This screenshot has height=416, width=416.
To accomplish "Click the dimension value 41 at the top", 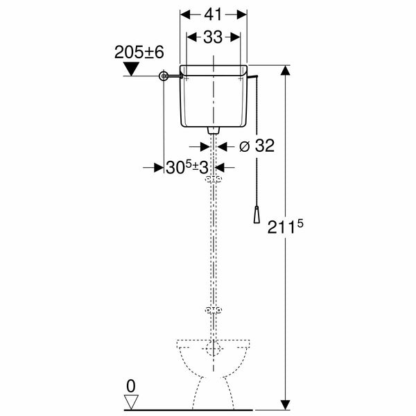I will pyautogui.click(x=214, y=14).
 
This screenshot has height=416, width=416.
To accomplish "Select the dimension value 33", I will pyautogui.click(x=214, y=38).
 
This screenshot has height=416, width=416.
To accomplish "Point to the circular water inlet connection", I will pyautogui.click(x=164, y=78).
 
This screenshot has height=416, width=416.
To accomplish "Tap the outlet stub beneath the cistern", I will pyautogui.click(x=214, y=130).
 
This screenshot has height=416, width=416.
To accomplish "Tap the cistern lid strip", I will pyautogui.click(x=214, y=69).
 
